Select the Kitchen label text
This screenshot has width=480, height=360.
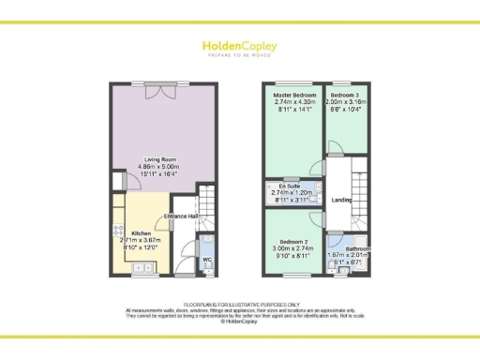pos(142,232)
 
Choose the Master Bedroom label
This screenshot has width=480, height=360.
pos(293,95)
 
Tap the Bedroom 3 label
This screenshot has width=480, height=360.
pos(345,95)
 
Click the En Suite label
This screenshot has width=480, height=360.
pos(289,188)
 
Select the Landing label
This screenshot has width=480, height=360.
pos(341,200)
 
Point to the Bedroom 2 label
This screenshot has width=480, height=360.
pos(294,240)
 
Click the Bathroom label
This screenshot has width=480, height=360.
pos(356,249)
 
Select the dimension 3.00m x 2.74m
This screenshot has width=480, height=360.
pos(294,247)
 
